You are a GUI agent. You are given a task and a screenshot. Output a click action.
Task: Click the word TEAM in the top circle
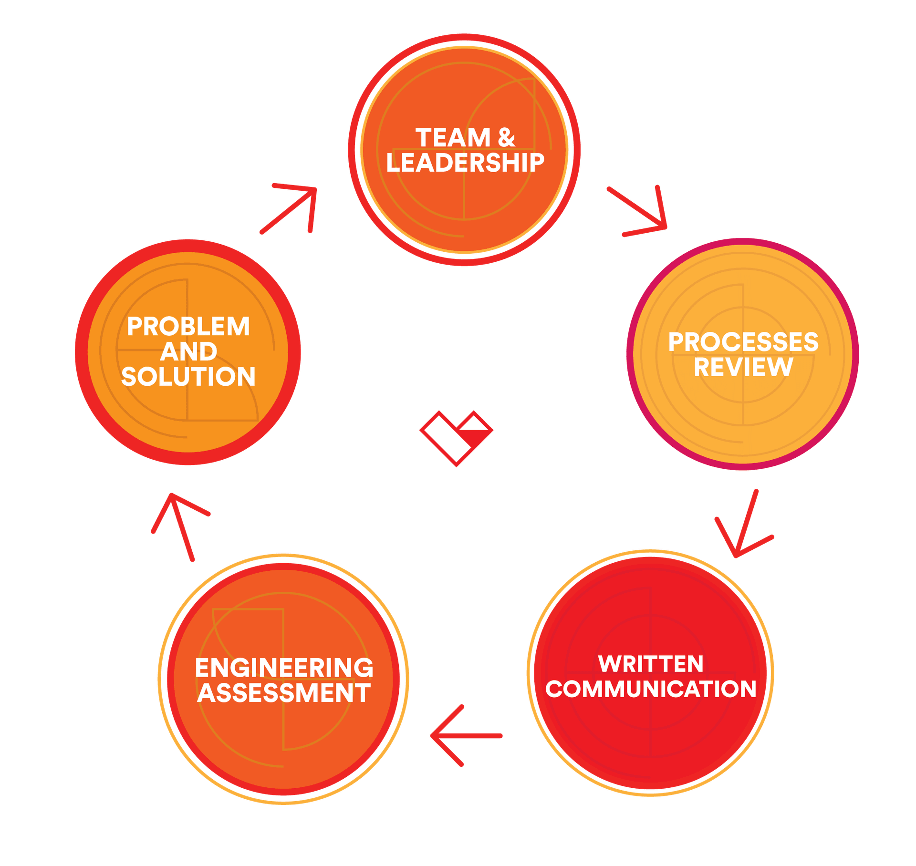(x=453, y=138)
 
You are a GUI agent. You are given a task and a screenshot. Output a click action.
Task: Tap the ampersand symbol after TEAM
(x=506, y=138)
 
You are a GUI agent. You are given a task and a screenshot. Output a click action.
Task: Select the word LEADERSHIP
(x=465, y=163)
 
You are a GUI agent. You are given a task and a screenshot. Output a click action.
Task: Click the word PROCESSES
(x=743, y=342)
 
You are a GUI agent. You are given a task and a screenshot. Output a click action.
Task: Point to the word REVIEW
(x=743, y=367)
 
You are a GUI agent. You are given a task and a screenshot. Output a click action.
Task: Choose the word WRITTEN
(x=651, y=664)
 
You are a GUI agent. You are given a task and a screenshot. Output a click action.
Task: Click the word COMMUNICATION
(x=651, y=689)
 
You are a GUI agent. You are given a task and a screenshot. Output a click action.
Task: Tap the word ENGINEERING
(x=284, y=668)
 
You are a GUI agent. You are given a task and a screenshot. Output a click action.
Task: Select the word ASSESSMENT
(x=284, y=693)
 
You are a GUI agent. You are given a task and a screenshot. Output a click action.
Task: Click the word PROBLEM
(x=188, y=327)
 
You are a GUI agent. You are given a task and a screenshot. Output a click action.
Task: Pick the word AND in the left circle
(x=188, y=352)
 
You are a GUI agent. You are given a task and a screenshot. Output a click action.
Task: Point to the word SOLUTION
(x=188, y=377)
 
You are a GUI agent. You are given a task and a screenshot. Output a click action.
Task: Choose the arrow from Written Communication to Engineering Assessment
(x=465, y=736)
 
